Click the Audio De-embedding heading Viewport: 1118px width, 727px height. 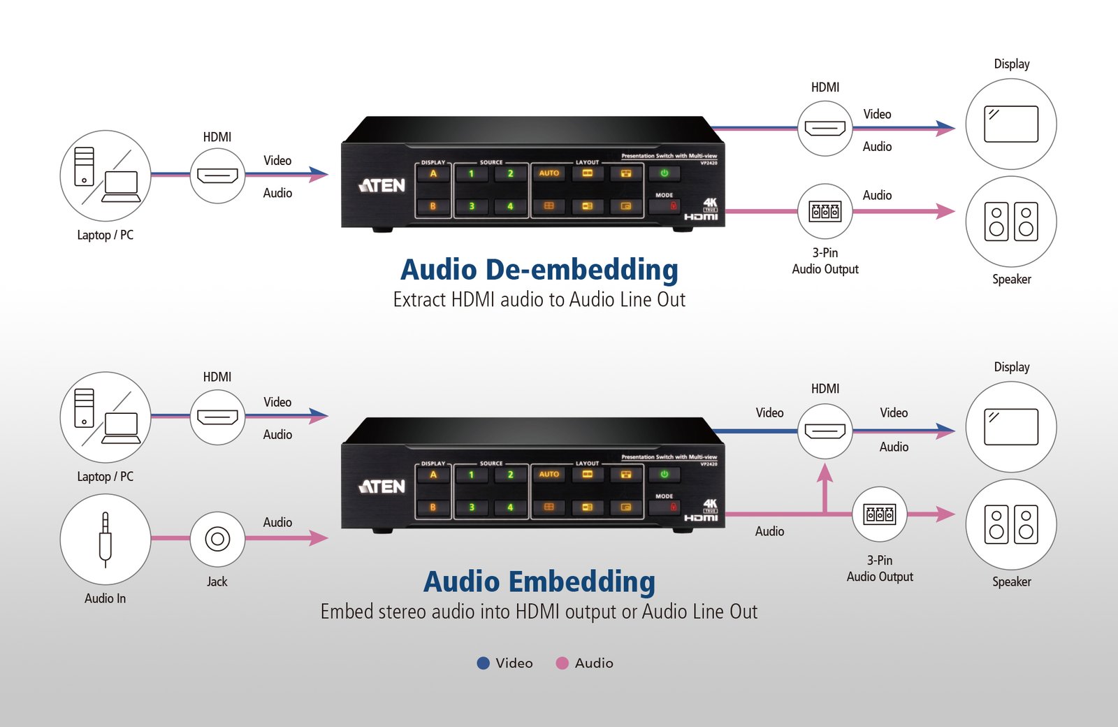[539, 270]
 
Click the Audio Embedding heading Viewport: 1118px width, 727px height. [539, 582]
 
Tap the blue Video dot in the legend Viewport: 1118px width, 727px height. [483, 663]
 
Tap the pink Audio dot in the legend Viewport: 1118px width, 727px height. [562, 663]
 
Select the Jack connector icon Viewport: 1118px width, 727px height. [217, 539]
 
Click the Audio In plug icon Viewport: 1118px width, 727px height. [106, 539]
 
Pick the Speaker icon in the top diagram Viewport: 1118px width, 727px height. [1010, 222]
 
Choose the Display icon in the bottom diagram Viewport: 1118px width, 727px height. [1010, 426]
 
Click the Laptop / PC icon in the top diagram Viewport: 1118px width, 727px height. [106, 175]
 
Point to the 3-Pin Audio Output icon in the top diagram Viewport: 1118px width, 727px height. [825, 211]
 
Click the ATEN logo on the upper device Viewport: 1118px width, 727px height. [382, 185]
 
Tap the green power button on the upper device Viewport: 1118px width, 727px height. [664, 173]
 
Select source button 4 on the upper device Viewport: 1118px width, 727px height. [510, 206]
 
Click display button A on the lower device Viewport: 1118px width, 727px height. [433, 475]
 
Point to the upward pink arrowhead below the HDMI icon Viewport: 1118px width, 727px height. [825, 473]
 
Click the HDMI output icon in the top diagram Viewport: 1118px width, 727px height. [825, 129]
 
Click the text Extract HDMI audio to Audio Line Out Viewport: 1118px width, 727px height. [539, 300]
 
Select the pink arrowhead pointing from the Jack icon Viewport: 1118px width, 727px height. [319, 538]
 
